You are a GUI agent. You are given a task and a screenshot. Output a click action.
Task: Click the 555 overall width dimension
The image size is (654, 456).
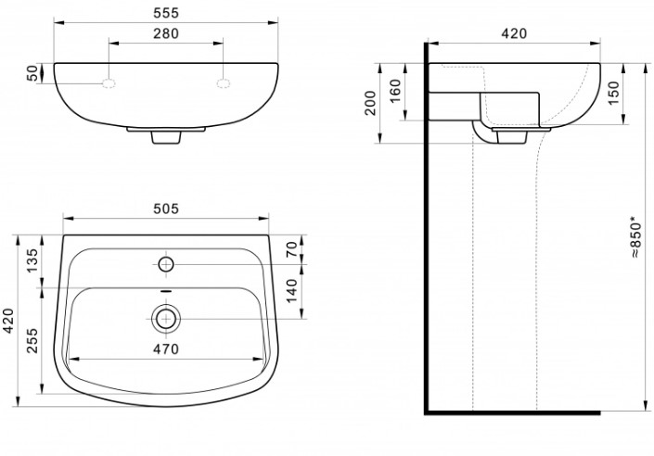[166, 13]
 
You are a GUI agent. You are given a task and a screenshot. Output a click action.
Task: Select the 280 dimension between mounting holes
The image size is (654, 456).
[166, 33]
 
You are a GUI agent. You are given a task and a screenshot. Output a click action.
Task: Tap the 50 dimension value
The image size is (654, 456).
[32, 73]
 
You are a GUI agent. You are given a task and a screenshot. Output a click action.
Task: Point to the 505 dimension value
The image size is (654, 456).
[166, 209]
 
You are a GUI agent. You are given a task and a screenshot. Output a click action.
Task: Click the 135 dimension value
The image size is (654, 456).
[32, 260]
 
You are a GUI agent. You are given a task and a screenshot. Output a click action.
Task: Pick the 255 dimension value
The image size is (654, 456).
[32, 340]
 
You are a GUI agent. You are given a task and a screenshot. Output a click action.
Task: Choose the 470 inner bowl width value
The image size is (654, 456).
[166, 348]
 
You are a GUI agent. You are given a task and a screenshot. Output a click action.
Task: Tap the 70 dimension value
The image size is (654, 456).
[292, 249]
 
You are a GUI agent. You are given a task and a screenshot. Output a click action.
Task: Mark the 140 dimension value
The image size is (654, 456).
[292, 291]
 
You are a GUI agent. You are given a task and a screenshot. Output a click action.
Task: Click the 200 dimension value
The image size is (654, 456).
[370, 103]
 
